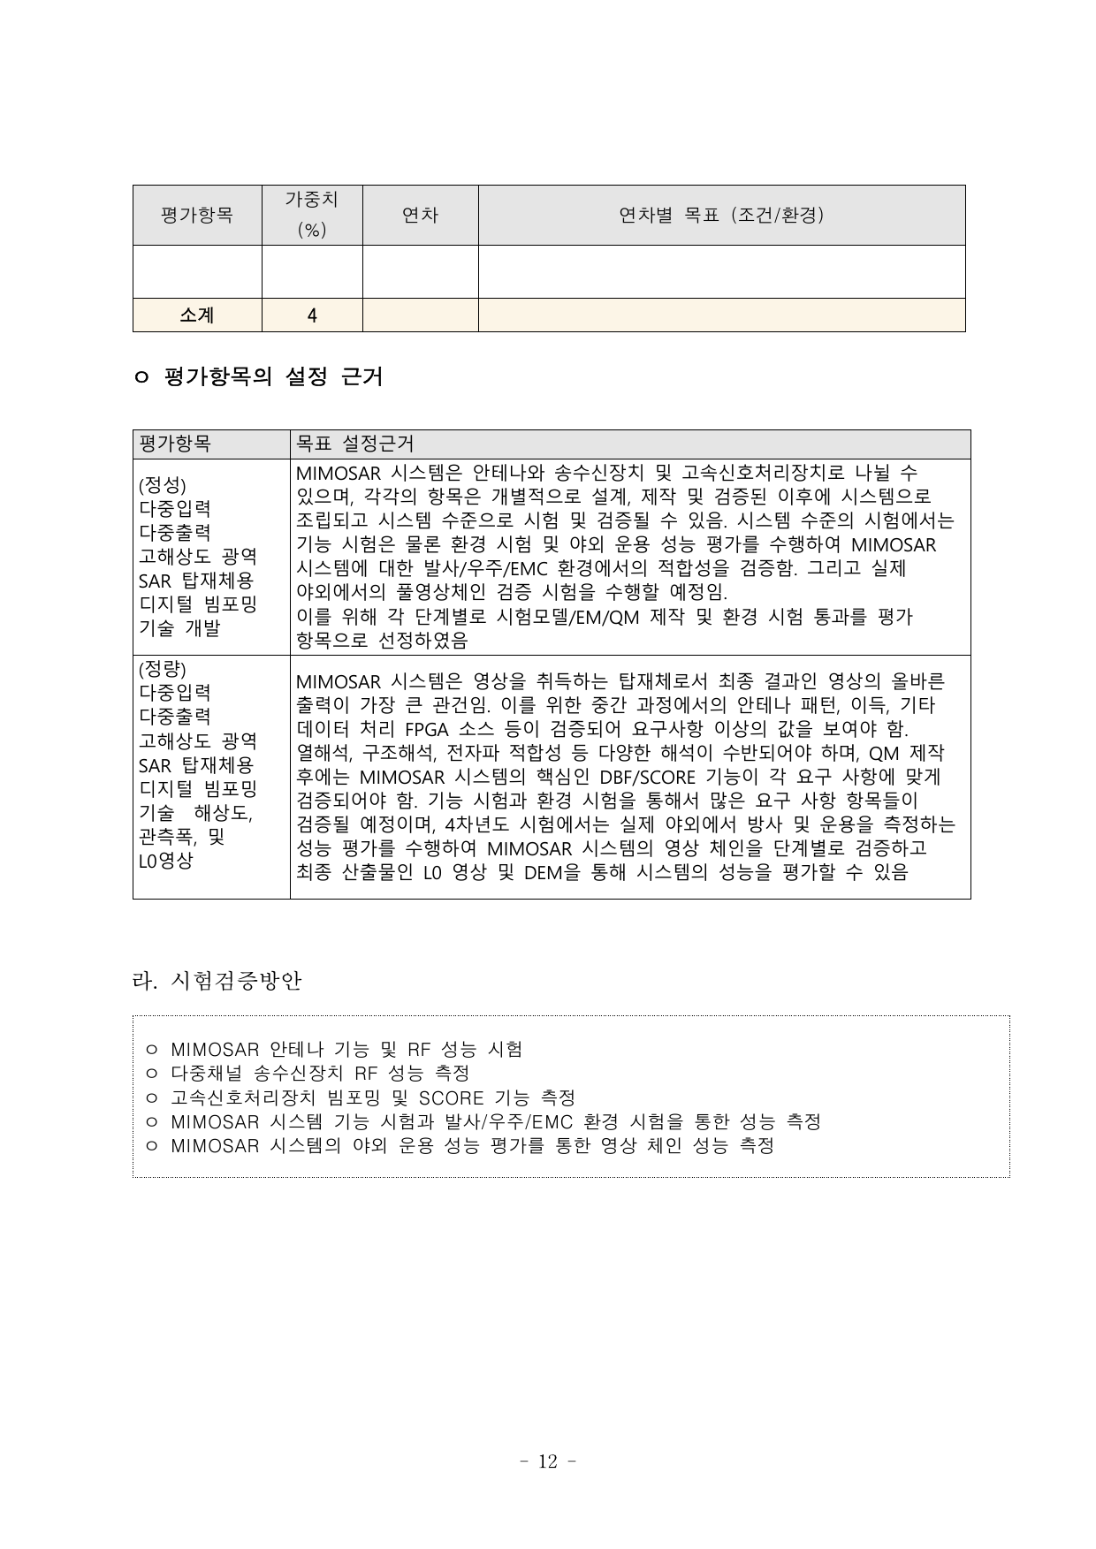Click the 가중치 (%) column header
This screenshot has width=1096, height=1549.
(311, 215)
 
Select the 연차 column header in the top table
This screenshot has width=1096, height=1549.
(420, 215)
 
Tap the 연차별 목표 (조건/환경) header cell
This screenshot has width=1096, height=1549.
(721, 215)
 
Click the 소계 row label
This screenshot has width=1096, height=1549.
(197, 315)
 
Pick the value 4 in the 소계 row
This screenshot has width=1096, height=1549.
(312, 315)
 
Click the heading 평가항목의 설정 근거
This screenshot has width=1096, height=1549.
(273, 377)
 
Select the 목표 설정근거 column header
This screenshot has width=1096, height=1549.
(354, 444)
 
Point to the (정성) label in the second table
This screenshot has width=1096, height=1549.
(163, 485)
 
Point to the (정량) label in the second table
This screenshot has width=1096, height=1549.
(163, 668)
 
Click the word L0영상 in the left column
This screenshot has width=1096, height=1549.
(165, 861)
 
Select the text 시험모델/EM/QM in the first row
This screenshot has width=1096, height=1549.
(571, 617)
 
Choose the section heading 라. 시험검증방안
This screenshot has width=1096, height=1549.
(217, 981)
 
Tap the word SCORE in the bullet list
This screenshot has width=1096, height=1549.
(451, 1098)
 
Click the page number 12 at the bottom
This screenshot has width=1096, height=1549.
(548, 1462)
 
